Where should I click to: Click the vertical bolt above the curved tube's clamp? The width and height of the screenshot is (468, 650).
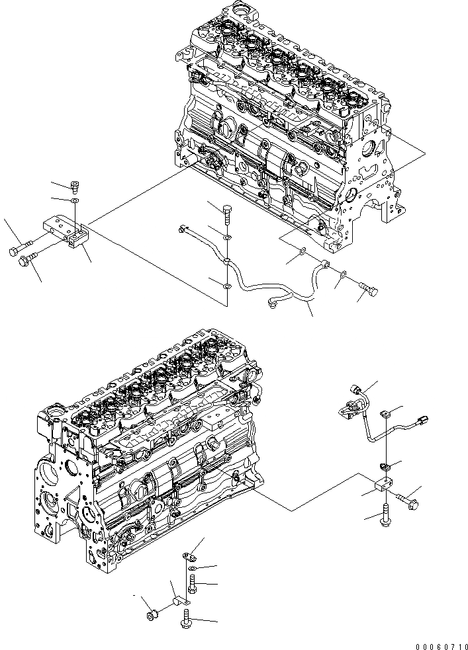point(226,214)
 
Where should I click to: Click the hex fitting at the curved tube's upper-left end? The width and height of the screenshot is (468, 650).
point(181,229)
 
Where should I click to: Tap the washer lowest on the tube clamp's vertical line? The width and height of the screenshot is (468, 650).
point(226,286)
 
